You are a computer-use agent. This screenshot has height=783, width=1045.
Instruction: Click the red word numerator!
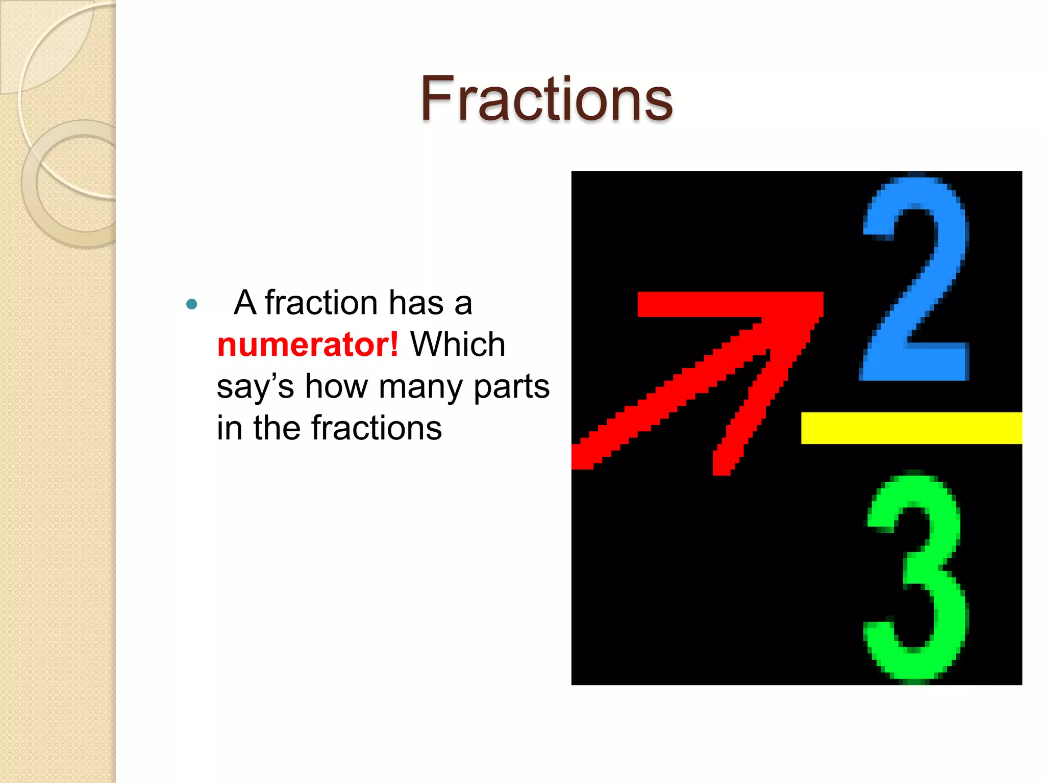tap(307, 345)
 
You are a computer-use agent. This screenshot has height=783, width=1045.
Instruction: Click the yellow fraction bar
tap(911, 428)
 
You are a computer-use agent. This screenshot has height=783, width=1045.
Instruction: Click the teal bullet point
tap(192, 304)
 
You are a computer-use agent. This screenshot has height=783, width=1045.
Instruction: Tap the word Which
tap(458, 345)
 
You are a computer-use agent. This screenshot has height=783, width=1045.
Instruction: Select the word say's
tap(255, 387)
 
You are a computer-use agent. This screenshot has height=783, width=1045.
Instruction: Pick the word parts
tap(511, 387)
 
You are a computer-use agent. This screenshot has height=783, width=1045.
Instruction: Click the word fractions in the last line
tap(377, 428)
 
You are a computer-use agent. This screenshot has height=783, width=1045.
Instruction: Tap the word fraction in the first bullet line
tap(321, 303)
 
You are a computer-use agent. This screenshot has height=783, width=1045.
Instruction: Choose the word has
tap(416, 303)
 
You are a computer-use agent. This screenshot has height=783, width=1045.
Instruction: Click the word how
tap(337, 387)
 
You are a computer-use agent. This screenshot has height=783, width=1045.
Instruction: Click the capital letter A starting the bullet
tap(245, 303)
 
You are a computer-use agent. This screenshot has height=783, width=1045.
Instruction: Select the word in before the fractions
tap(229, 428)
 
